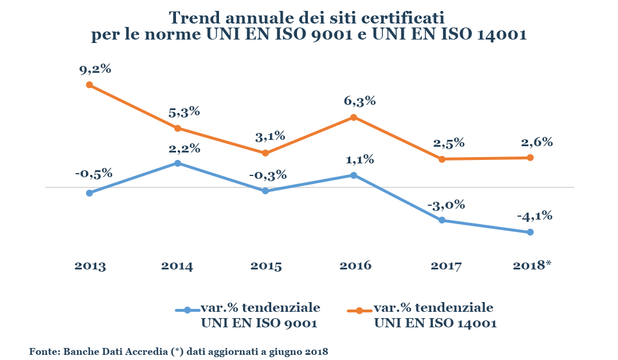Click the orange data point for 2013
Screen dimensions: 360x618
click(89, 85)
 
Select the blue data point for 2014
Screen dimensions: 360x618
click(178, 163)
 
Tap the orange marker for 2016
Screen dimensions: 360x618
click(354, 118)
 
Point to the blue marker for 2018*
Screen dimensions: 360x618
click(530, 232)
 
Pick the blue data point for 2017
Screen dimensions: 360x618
click(442, 220)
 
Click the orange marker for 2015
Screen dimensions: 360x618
click(265, 153)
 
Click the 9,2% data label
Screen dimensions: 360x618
click(95, 69)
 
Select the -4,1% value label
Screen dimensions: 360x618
click(534, 216)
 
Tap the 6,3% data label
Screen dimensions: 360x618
click(360, 101)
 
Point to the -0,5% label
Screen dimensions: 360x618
click(93, 173)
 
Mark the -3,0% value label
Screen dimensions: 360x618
click(447, 205)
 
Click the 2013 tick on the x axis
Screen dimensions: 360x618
click(90, 266)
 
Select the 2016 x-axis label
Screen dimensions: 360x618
click(355, 266)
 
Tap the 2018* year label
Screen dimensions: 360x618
click(530, 265)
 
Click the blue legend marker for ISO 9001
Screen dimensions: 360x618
click(187, 310)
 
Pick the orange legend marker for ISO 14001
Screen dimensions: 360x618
click(359, 310)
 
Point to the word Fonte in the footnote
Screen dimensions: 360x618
click(43, 351)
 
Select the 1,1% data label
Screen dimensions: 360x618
click(359, 159)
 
